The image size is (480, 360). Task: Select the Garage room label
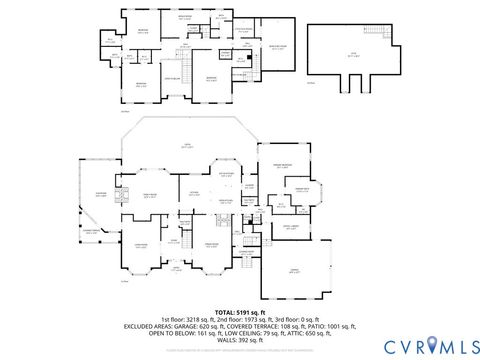[x=294, y=270]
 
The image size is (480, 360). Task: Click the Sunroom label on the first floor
[x=101, y=195]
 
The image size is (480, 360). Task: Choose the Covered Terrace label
[x=91, y=232]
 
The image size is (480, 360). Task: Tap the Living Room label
[x=141, y=245]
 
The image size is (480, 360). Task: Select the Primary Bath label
[x=300, y=189]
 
